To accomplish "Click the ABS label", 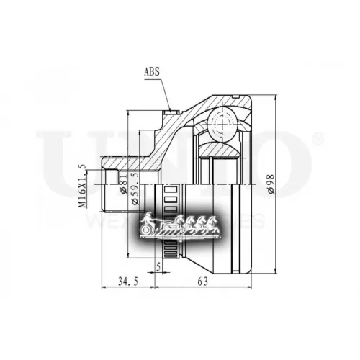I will pyautogui.click(x=153, y=71).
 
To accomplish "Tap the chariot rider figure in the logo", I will pyautogui.click(x=148, y=218).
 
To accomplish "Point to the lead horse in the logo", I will pyautogui.click(x=215, y=221).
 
